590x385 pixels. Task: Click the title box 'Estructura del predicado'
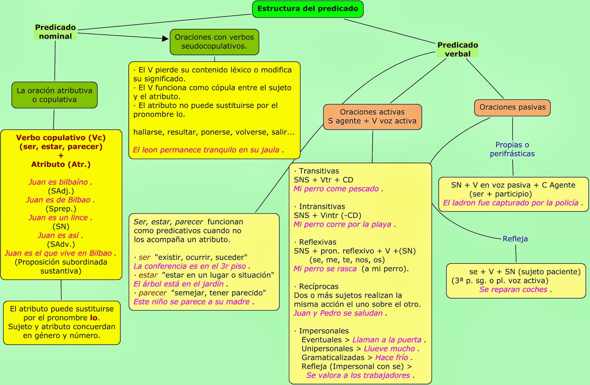click(x=308, y=9)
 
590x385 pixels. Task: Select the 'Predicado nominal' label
click(x=55, y=32)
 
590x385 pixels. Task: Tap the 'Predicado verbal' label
click(x=457, y=49)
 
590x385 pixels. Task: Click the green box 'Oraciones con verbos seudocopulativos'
click(x=214, y=42)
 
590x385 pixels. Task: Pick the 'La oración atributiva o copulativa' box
click(x=55, y=95)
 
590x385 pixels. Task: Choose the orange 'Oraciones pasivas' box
click(x=512, y=107)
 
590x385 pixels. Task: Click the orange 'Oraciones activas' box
click(x=372, y=117)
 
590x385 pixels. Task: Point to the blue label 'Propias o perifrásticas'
click(x=512, y=149)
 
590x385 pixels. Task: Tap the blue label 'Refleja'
click(x=515, y=239)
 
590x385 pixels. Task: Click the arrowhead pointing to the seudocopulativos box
click(x=166, y=38)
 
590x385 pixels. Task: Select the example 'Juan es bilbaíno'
click(x=58, y=182)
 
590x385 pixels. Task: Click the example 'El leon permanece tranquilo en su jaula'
click(x=206, y=150)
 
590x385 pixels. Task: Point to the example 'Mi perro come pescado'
click(x=336, y=189)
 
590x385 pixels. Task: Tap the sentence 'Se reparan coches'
click(x=513, y=290)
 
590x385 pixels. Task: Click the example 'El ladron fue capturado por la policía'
click(x=511, y=203)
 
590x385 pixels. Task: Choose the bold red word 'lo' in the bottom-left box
click(x=94, y=318)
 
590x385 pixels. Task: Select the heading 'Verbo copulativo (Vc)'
click(x=61, y=138)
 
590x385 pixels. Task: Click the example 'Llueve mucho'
click(x=389, y=349)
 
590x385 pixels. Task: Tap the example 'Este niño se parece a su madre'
click(x=192, y=302)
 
